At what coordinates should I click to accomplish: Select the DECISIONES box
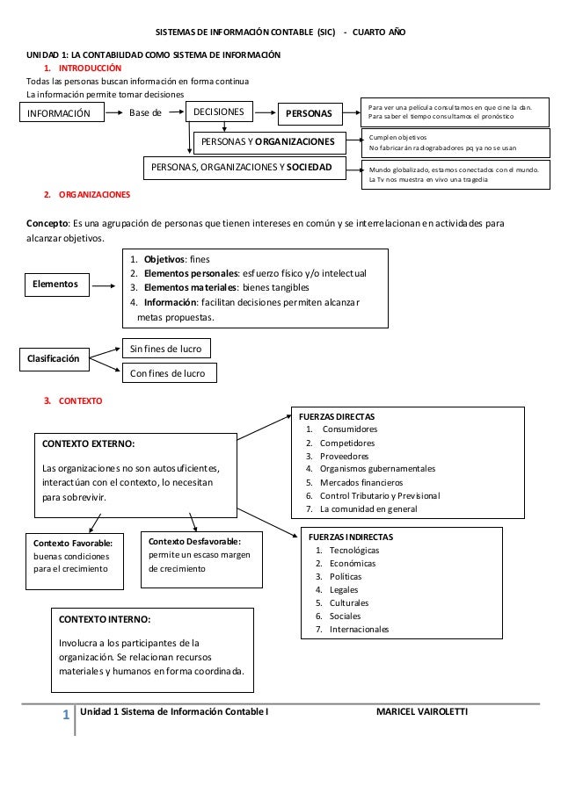click(x=220, y=112)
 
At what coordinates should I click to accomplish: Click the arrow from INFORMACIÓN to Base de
click(x=114, y=112)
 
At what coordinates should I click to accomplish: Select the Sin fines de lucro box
click(x=166, y=350)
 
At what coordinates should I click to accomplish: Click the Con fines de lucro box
click(x=167, y=373)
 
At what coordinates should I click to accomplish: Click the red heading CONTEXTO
click(x=80, y=401)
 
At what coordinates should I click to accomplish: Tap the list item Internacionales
click(x=358, y=630)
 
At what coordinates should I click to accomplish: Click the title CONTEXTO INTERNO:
click(x=104, y=619)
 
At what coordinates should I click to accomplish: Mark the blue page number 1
click(x=65, y=716)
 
